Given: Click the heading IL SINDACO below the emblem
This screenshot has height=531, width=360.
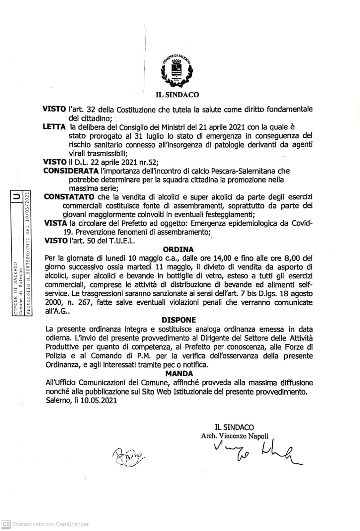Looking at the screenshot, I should (x=177, y=95).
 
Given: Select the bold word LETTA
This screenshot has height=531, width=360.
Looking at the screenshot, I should (x=54, y=127).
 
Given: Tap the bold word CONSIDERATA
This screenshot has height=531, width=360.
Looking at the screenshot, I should (x=71, y=171).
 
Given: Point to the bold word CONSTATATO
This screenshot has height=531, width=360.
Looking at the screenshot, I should (x=69, y=197).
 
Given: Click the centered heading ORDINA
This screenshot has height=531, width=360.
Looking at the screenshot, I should (x=178, y=249).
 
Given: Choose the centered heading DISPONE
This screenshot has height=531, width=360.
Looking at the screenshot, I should (x=179, y=320).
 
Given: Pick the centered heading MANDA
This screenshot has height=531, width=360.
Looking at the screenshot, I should (x=179, y=374).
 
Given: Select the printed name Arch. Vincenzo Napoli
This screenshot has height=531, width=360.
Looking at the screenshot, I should (x=234, y=436).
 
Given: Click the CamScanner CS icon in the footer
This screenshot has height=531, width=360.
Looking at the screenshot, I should (x=6, y=524).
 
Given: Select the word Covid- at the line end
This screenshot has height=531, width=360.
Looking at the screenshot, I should (x=302, y=223).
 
